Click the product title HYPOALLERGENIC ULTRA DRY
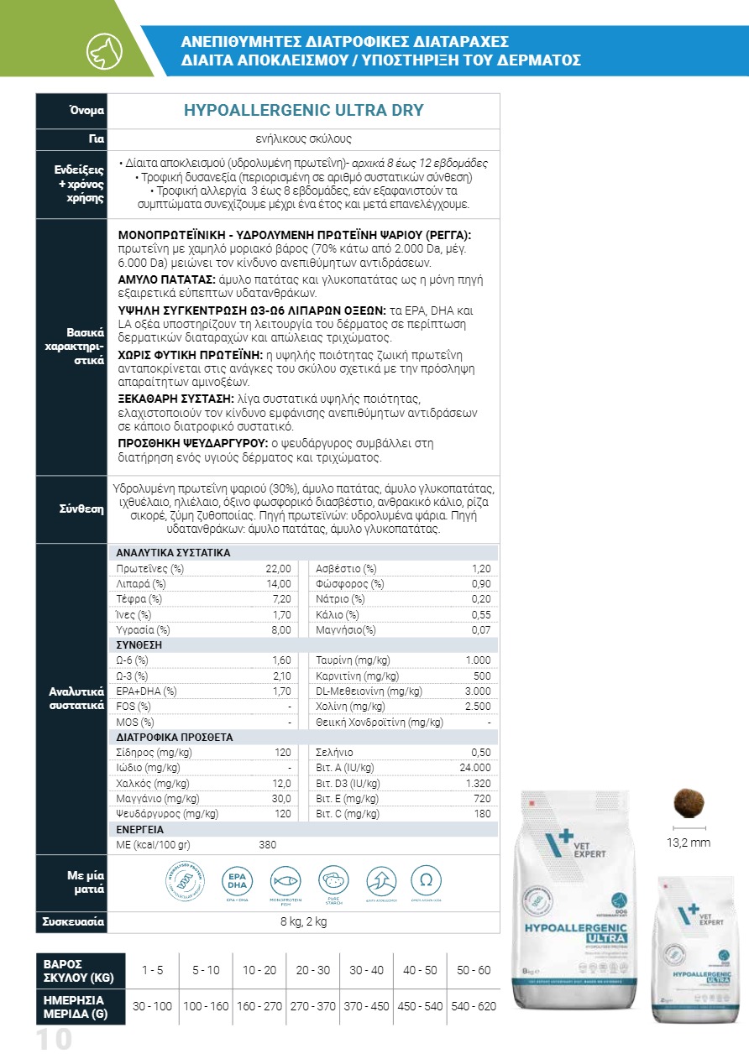click(x=303, y=111)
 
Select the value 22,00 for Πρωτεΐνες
click(x=278, y=569)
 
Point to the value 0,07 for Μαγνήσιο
click(x=480, y=629)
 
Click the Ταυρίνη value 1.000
click(x=478, y=660)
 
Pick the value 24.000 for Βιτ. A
click(x=474, y=768)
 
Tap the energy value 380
click(x=267, y=845)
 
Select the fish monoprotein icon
click(x=285, y=881)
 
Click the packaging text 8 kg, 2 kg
click(x=303, y=922)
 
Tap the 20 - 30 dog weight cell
click(x=313, y=970)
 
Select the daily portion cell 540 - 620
click(x=474, y=1006)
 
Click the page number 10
click(x=54, y=1041)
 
